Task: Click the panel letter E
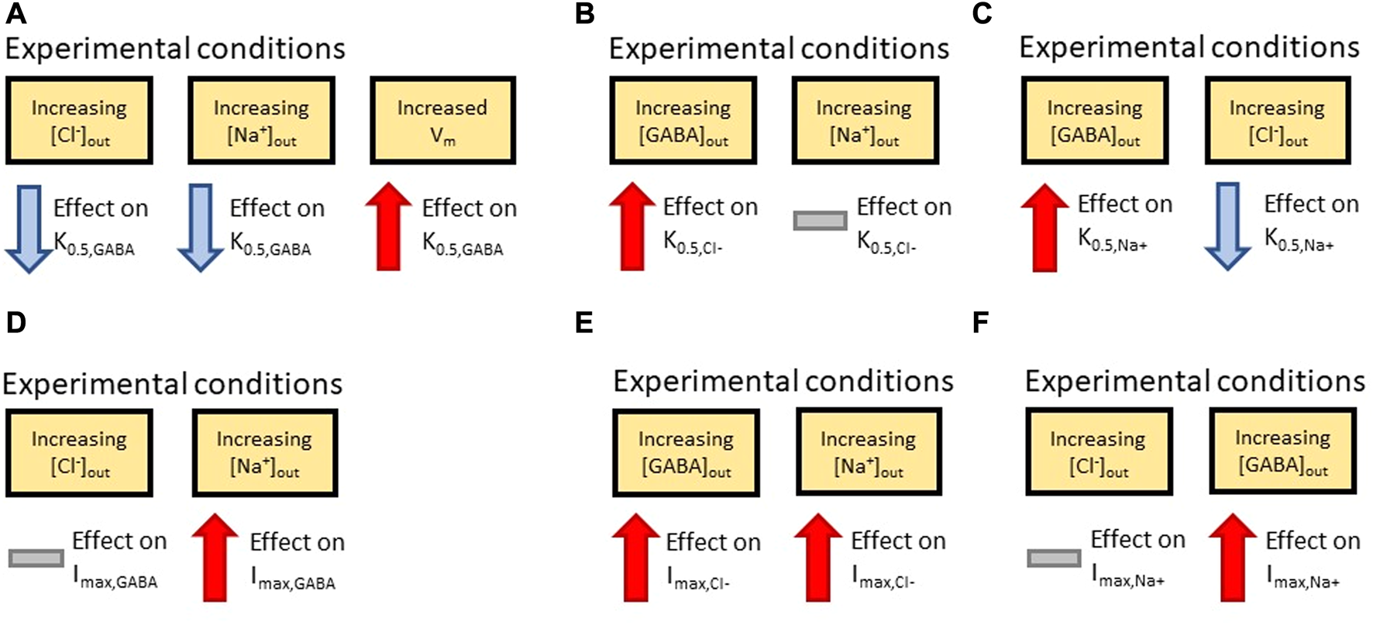pyautogui.click(x=584, y=322)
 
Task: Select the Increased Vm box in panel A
pyautogui.click(x=442, y=120)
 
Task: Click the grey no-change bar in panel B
pyautogui.click(x=820, y=221)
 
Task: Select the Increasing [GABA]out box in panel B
pyautogui.click(x=683, y=120)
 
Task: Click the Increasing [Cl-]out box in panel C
pyautogui.click(x=1277, y=120)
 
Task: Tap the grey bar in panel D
pyautogui.click(x=36, y=558)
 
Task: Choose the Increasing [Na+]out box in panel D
pyautogui.click(x=264, y=452)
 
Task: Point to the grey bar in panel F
pyautogui.click(x=1054, y=558)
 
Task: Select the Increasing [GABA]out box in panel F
pyautogui.click(x=1282, y=451)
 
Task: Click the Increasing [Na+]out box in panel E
pyautogui.click(x=869, y=452)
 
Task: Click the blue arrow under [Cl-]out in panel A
pyautogui.click(x=29, y=228)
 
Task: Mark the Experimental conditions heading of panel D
pyautogui.click(x=172, y=384)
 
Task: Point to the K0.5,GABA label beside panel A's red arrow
pyautogui.click(x=463, y=244)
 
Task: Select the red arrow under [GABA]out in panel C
pyautogui.click(x=1044, y=227)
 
